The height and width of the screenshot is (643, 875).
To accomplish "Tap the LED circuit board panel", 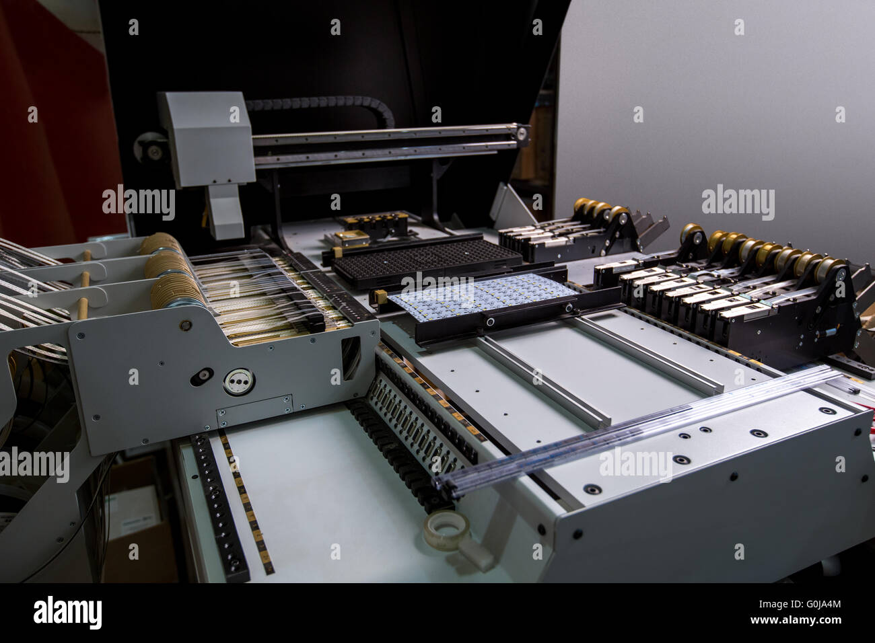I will click(482, 295).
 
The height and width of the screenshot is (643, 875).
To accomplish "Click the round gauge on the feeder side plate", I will click(236, 381).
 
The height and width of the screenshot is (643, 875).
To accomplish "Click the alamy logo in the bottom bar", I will click(67, 613).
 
